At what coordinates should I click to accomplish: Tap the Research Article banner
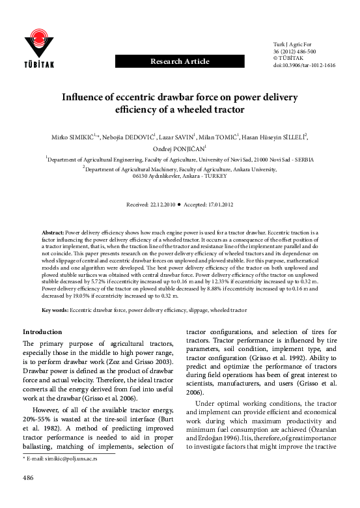point(180,61)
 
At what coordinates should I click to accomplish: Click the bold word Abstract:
point(53,231)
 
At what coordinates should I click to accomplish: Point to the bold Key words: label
point(55,311)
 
